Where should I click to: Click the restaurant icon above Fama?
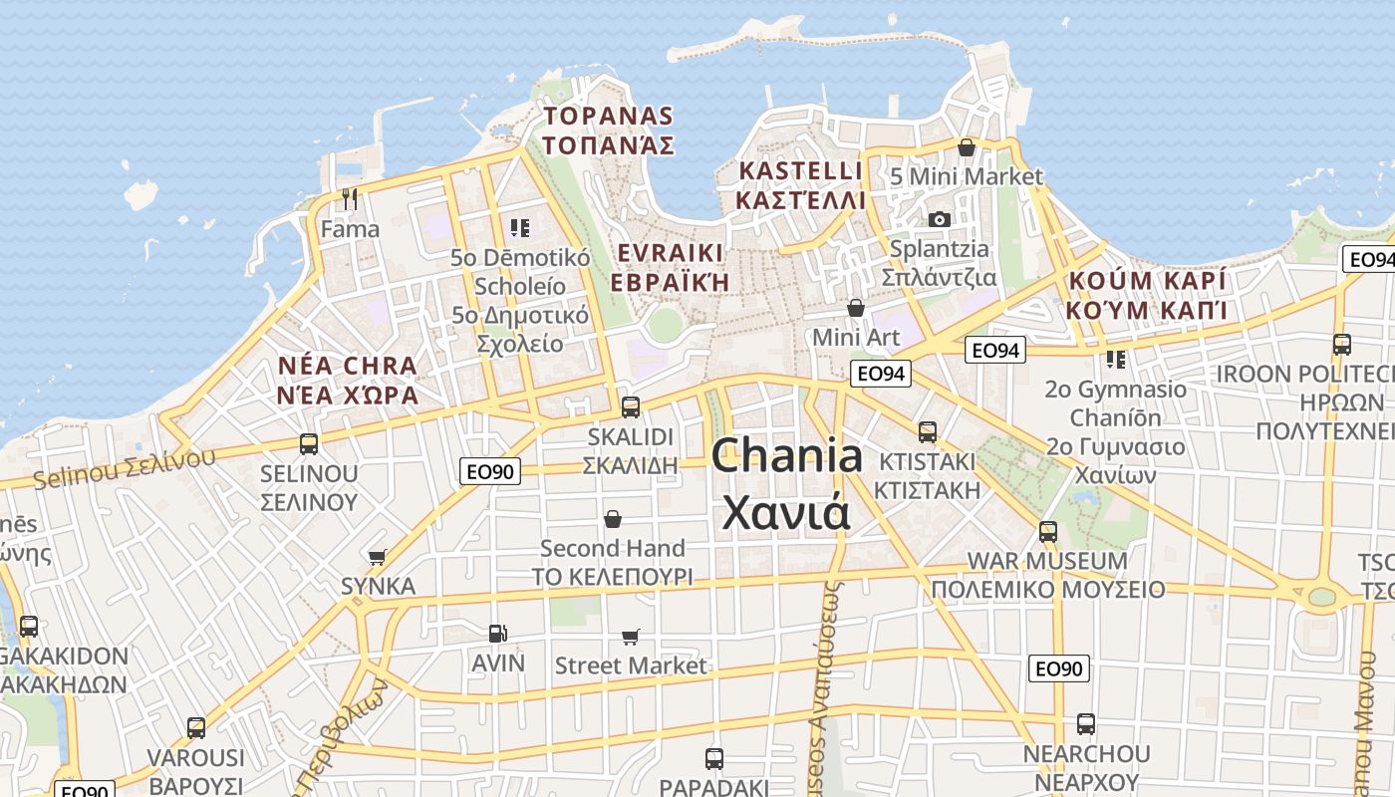click(x=349, y=199)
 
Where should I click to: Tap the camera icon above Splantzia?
click(x=939, y=219)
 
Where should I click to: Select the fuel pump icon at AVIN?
click(x=496, y=633)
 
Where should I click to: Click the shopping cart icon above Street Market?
click(x=630, y=636)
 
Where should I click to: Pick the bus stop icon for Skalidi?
click(x=630, y=406)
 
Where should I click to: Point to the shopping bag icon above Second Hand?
click(x=613, y=519)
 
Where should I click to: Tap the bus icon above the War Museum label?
click(x=1047, y=531)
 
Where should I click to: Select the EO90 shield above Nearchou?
click(x=1059, y=667)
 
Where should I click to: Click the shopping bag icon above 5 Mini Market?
click(x=966, y=147)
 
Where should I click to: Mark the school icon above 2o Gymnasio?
click(x=1115, y=359)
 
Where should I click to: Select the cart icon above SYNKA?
click(x=378, y=557)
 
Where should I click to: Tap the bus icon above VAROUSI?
click(x=196, y=728)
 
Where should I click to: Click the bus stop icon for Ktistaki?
click(x=928, y=432)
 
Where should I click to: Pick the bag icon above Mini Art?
click(x=855, y=308)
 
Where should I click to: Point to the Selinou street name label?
click(x=124, y=468)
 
